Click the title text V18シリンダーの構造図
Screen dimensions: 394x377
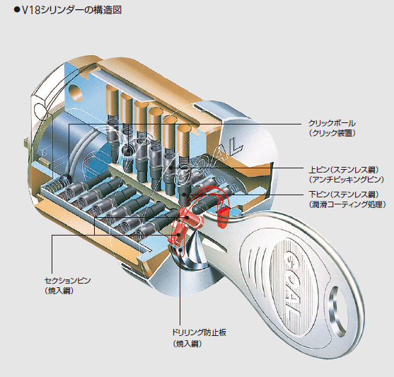tap(71, 11)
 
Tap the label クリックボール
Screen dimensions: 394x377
tap(332, 123)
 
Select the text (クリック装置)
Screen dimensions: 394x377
tap(332, 133)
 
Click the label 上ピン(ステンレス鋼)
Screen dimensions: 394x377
tap(344, 170)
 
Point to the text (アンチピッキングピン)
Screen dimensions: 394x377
tap(347, 180)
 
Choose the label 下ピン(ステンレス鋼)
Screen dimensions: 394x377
tap(344, 195)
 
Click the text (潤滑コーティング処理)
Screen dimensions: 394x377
tap(347, 204)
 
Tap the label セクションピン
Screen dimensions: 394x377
tap(68, 281)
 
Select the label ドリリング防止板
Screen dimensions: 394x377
tap(199, 332)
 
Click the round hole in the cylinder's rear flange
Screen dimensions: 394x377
tap(76, 92)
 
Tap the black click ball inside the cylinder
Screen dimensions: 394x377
tap(127, 151)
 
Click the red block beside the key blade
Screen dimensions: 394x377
tap(224, 214)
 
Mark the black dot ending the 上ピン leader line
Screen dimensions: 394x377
tap(171, 168)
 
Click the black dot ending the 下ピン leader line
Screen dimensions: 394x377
tap(184, 194)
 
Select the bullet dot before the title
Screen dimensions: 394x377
tap(17, 11)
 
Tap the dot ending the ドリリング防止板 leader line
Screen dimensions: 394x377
tap(180, 250)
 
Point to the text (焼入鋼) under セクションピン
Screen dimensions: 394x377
tap(59, 291)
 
